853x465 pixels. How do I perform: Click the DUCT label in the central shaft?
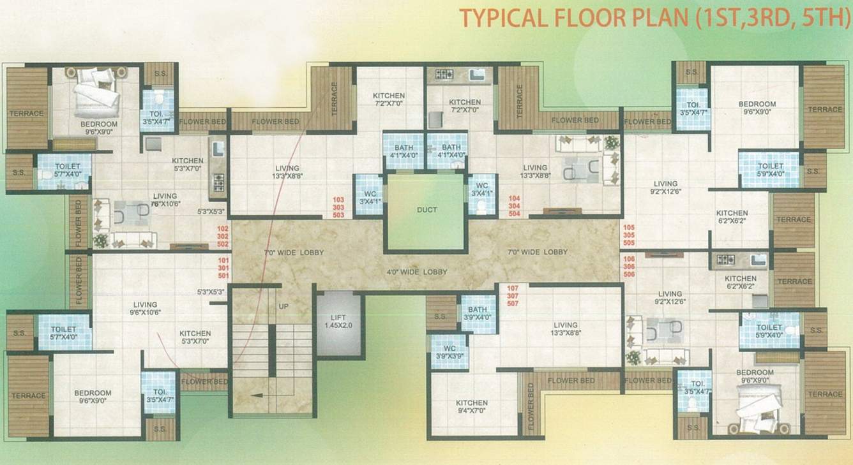click(426, 210)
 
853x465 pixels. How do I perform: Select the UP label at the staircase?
click(283, 307)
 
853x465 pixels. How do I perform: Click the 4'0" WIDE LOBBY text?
click(416, 272)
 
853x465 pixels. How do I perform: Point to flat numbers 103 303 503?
click(338, 207)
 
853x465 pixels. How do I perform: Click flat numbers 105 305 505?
click(629, 235)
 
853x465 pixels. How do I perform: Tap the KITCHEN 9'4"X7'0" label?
click(472, 407)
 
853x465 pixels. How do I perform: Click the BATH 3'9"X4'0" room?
click(478, 313)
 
